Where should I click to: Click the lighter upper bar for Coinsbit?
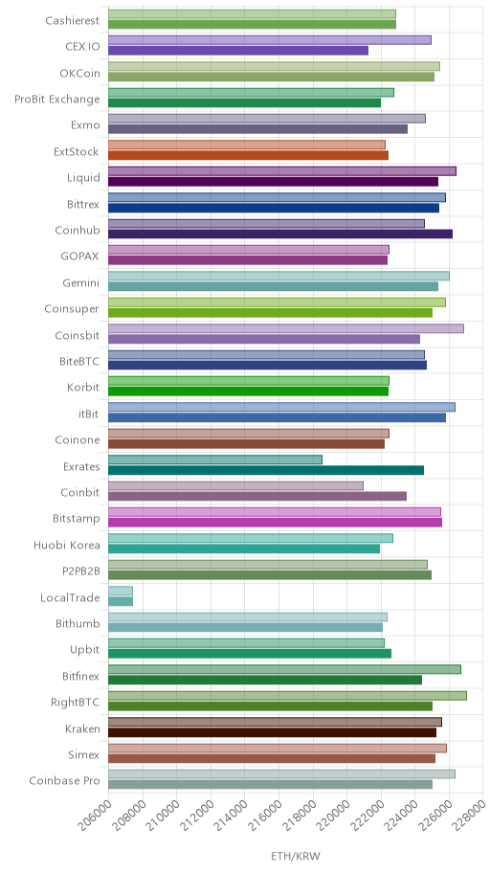coord(285,328)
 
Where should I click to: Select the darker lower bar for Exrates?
coord(266,470)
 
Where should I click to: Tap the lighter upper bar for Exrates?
coord(215,459)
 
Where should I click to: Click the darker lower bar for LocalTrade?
coord(121,601)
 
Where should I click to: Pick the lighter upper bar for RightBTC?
coord(287,695)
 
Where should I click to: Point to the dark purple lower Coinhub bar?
coord(280,234)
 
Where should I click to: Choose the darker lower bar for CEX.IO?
coord(237,50)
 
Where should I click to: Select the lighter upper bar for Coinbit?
coord(235,485)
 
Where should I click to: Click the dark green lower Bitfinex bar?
coord(265,680)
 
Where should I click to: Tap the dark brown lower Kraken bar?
coord(273,732)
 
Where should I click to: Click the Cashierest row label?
coord(73,21)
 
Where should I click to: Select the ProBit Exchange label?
coord(57,100)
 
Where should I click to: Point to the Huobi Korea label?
coord(67,545)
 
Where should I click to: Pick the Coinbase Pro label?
coord(64,780)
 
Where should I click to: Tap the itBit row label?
coord(89,414)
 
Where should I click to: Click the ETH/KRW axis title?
coord(296,856)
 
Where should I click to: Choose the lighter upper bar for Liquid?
coord(282,171)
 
